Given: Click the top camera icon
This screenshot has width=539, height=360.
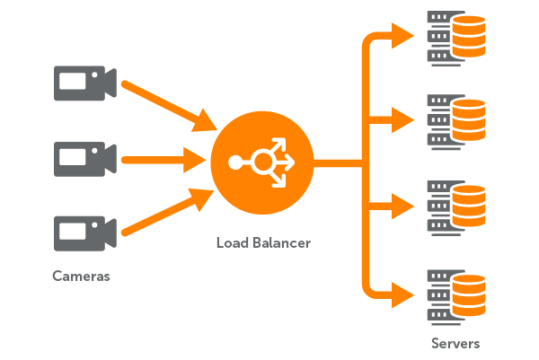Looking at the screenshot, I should click(83, 85).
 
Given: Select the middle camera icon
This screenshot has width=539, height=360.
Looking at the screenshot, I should click(83, 159).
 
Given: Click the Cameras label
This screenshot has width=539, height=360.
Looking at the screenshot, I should click(81, 277).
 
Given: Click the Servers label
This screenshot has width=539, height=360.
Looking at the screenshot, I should click(455, 343).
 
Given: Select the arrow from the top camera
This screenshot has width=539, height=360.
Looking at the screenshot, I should click(166, 104).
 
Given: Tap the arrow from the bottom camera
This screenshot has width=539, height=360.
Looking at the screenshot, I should click(166, 216).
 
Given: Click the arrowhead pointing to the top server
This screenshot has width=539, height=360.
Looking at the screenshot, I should click(403, 36).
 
